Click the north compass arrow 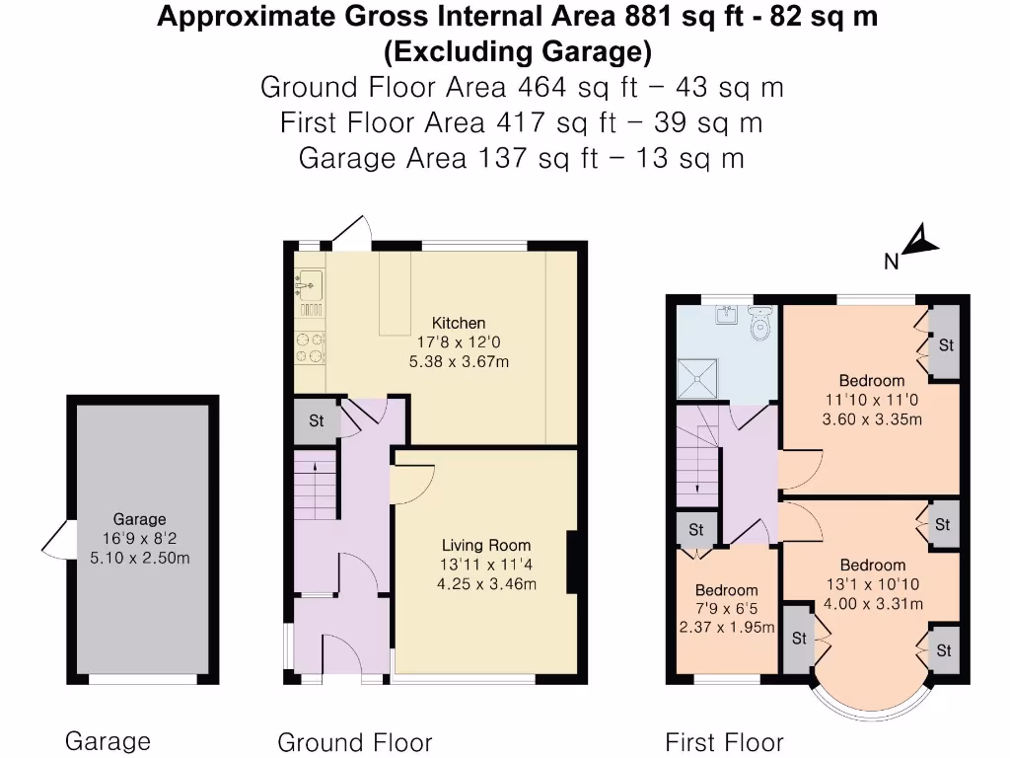tap(919, 241)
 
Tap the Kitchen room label tap(459, 323)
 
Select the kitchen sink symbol tap(309, 285)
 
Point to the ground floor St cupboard tap(317, 420)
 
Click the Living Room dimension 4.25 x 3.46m tap(485, 583)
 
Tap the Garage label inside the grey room tap(139, 519)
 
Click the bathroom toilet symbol tap(759, 323)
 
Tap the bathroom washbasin tap(727, 315)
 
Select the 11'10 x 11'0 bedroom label tap(871, 400)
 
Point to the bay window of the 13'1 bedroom tap(871, 701)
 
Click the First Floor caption tap(724, 742)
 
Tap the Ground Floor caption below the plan tap(354, 742)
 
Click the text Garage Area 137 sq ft tap(521, 158)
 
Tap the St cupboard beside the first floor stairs tap(695, 529)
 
